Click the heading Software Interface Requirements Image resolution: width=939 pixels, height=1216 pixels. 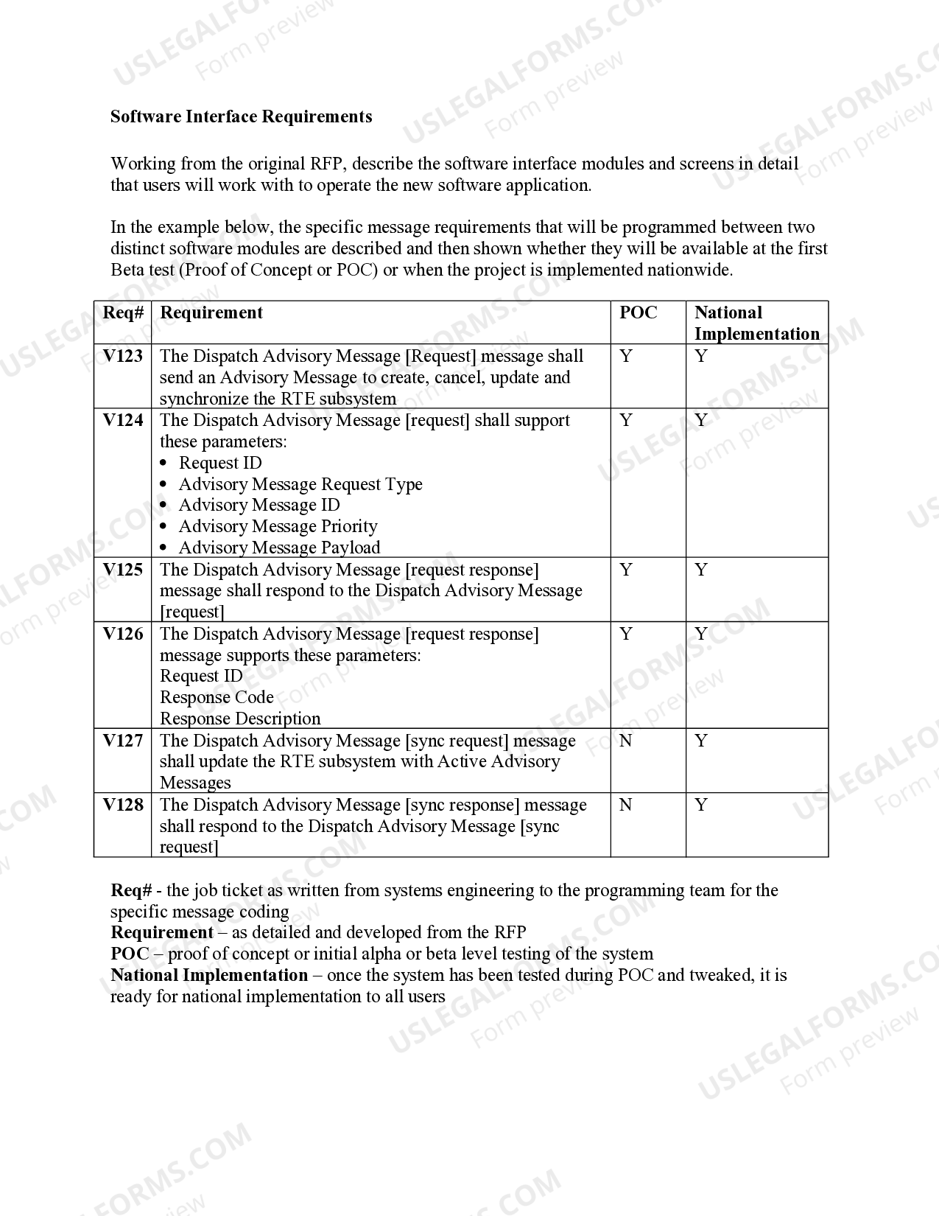241,116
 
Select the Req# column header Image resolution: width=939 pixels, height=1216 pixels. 123,312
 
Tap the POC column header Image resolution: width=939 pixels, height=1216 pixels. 638,312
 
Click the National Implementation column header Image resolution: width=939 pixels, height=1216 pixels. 756,323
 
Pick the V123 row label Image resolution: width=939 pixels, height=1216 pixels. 123,356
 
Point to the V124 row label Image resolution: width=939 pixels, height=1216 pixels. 123,420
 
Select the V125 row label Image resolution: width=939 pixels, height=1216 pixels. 123,570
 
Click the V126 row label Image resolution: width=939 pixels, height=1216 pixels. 123,634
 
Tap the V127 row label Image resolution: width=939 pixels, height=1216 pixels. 123,741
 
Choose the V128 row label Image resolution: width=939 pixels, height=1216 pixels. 123,805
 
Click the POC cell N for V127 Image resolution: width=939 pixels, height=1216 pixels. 626,741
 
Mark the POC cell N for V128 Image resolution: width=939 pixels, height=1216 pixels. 626,805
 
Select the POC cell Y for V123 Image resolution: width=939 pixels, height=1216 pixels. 626,356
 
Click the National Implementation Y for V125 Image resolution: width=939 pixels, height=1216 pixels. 701,570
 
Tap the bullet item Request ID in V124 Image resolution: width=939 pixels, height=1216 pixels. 220,463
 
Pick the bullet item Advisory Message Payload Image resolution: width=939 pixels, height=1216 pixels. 279,548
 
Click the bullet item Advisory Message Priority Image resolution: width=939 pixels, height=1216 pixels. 278,526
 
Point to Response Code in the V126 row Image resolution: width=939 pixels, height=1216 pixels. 217,697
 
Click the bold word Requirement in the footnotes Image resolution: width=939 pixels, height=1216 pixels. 162,932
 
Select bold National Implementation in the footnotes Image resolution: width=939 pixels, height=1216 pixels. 209,975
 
